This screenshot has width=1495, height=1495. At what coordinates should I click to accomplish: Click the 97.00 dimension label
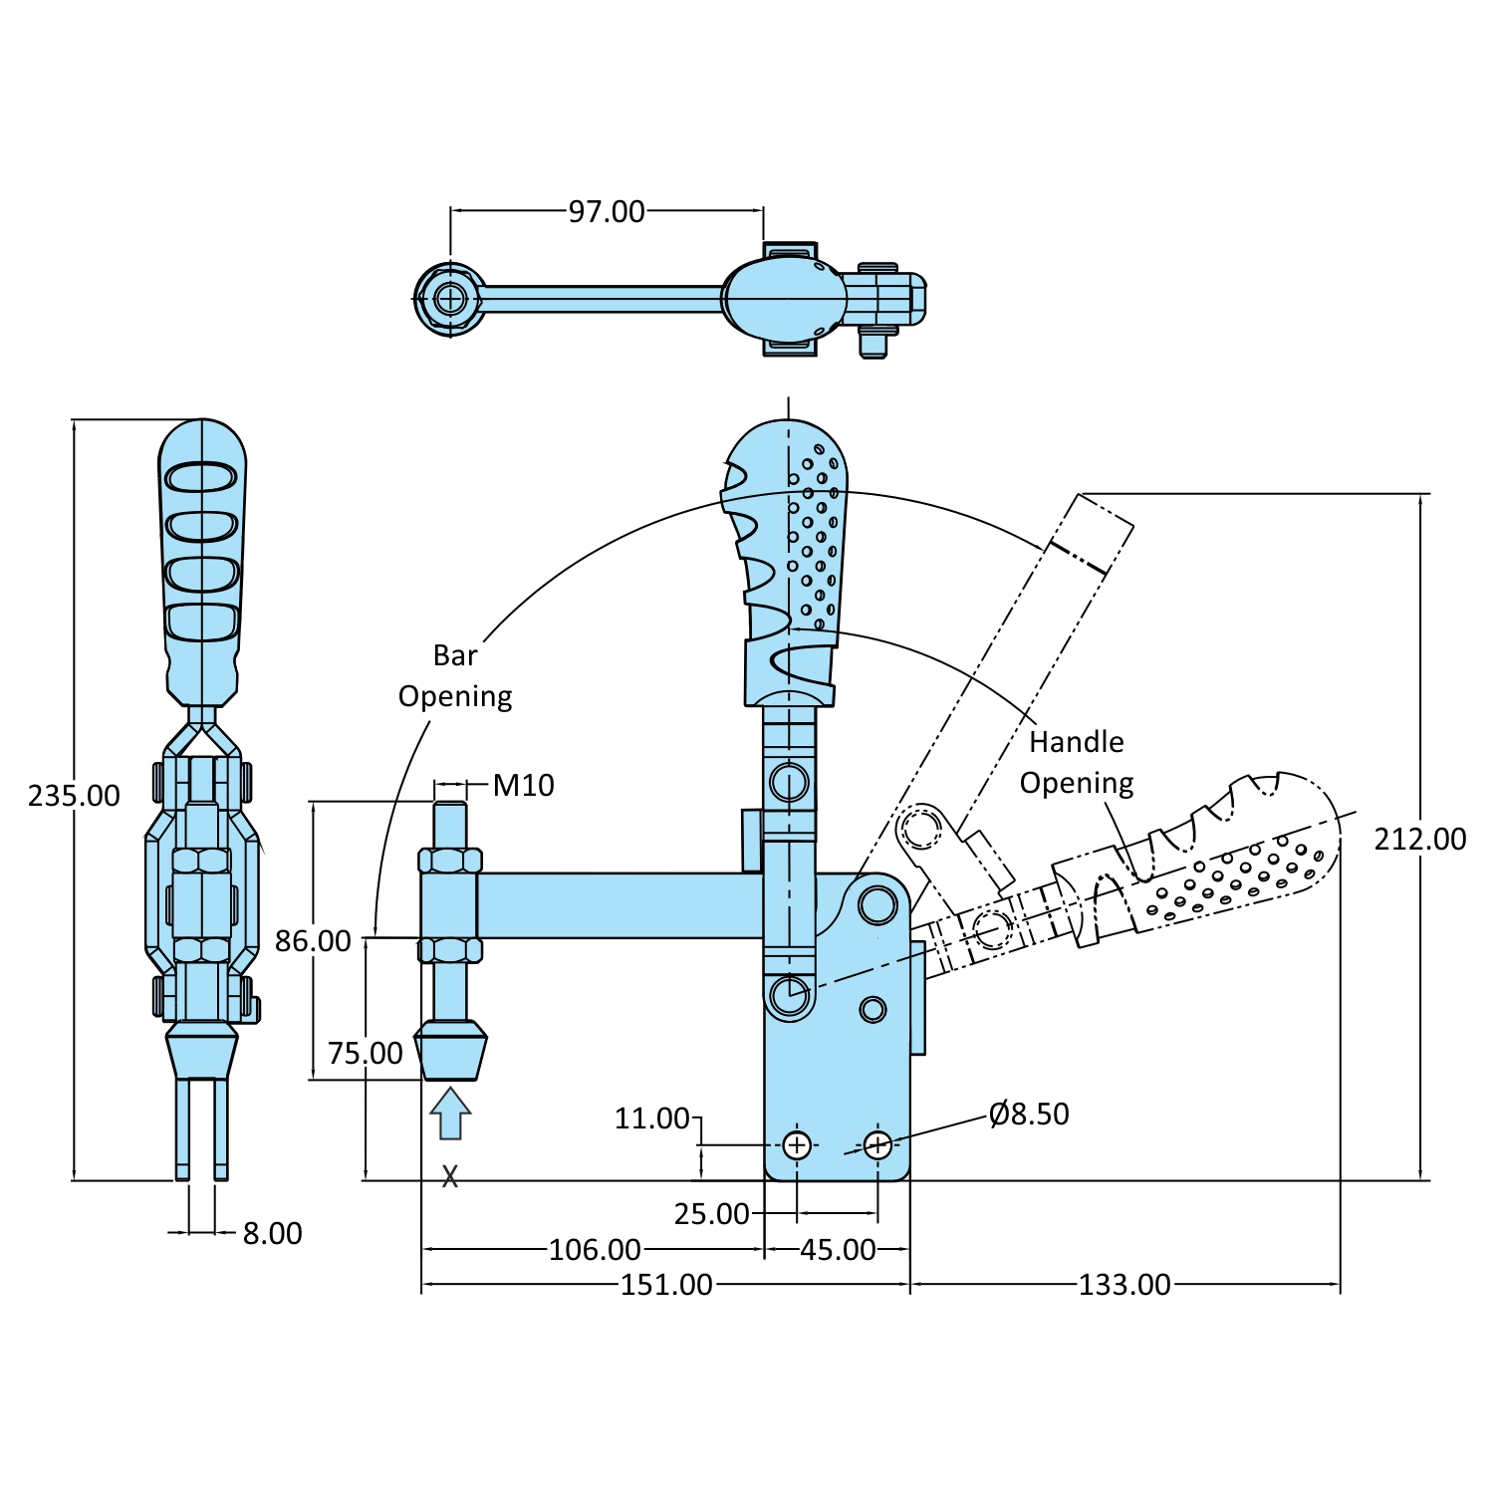tap(606, 211)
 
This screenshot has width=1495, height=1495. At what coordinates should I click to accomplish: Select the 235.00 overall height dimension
tap(74, 795)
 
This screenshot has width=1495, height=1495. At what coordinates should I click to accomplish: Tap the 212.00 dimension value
tap(1419, 839)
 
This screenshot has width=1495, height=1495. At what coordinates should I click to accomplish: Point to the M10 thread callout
tap(523, 785)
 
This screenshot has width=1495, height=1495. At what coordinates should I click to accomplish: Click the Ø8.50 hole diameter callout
tap(1029, 1114)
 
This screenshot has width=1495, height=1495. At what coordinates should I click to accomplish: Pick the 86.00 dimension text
tap(313, 940)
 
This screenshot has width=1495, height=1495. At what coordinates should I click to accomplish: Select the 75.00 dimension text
tap(366, 1053)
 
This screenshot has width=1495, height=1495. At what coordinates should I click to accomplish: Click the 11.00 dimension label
tap(651, 1119)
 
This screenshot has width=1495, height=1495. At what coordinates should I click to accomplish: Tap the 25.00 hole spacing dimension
tap(711, 1213)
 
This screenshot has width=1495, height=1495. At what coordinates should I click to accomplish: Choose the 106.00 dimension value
tap(595, 1249)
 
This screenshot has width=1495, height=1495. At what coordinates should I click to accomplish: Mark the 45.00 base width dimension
tap(838, 1249)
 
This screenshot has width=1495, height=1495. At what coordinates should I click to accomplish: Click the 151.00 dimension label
tap(666, 1285)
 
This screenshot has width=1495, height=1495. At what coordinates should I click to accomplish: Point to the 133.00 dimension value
tap(1124, 1285)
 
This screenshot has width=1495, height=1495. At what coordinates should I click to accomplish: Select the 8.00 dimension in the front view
tap(272, 1233)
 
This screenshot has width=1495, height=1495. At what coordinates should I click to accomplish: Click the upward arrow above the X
tap(450, 1113)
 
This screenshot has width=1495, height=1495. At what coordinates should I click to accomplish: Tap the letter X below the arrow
tap(450, 1176)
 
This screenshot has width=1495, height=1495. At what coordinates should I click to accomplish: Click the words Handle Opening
tap(1076, 762)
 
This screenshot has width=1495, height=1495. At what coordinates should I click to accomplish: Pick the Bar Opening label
tap(455, 675)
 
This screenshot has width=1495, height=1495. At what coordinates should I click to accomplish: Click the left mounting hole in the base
tap(796, 1145)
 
